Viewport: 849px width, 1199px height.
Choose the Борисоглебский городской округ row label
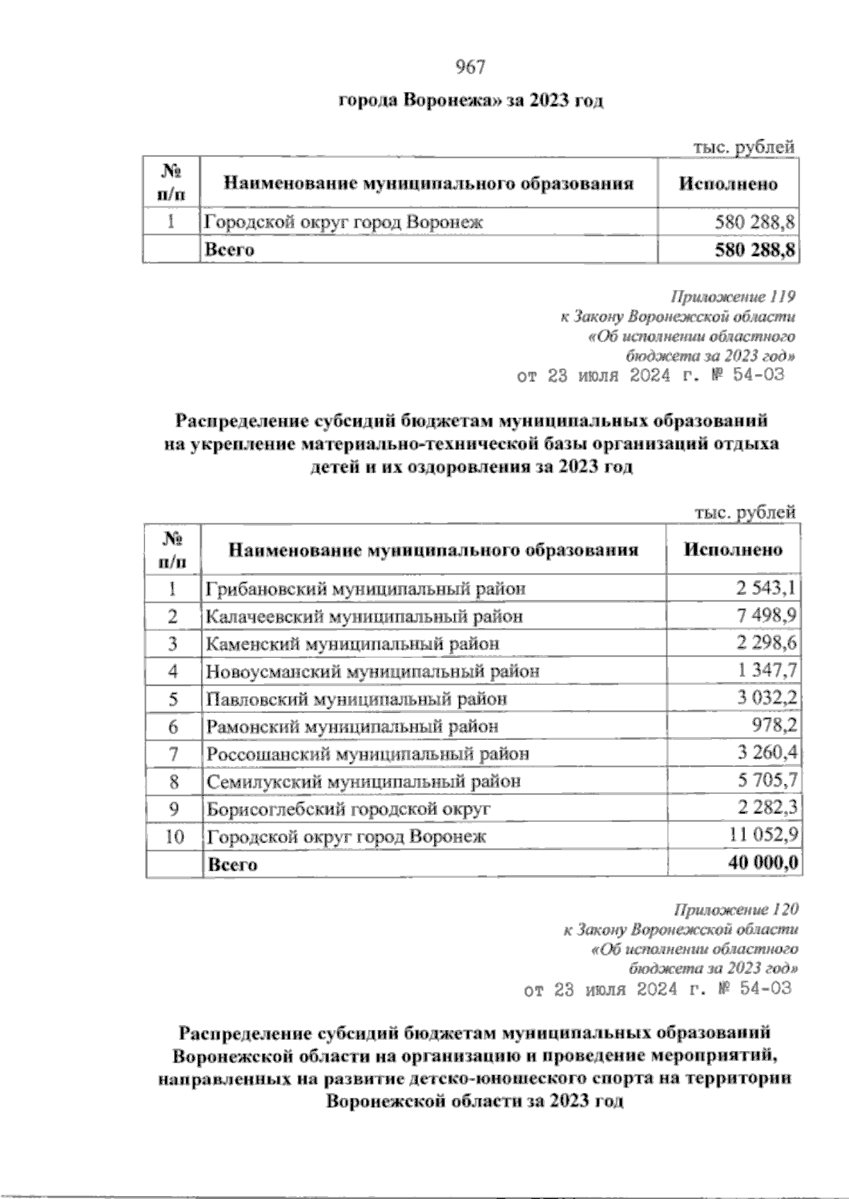click(348, 809)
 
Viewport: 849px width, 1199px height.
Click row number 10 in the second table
click(174, 837)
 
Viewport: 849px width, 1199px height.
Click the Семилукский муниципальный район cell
click(364, 782)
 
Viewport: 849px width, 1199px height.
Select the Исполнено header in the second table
click(733, 550)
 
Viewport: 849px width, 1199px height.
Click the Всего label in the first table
click(229, 250)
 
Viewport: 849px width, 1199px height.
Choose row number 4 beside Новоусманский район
click(173, 671)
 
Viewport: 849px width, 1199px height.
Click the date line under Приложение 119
click(652, 376)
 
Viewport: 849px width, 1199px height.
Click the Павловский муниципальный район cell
click(357, 699)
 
